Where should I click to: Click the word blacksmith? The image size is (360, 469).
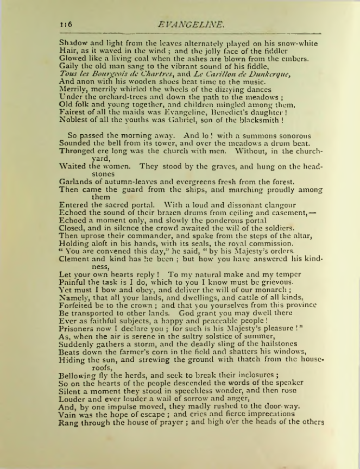256,119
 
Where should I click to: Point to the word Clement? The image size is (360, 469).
75,259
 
